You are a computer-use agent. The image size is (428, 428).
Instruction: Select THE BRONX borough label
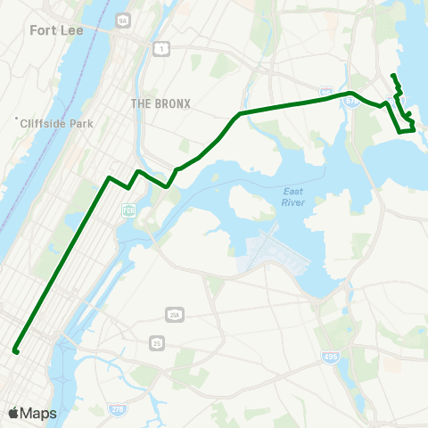(x=160, y=103)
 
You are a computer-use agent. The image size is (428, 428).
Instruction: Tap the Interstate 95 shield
(x=326, y=92)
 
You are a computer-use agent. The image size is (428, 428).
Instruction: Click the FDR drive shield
(x=128, y=210)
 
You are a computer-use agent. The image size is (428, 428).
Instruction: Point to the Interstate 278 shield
(x=117, y=409)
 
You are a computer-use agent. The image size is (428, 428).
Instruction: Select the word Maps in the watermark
(x=38, y=413)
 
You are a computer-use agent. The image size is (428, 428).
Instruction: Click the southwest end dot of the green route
(x=16, y=351)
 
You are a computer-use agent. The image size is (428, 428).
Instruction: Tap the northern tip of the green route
(x=393, y=74)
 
